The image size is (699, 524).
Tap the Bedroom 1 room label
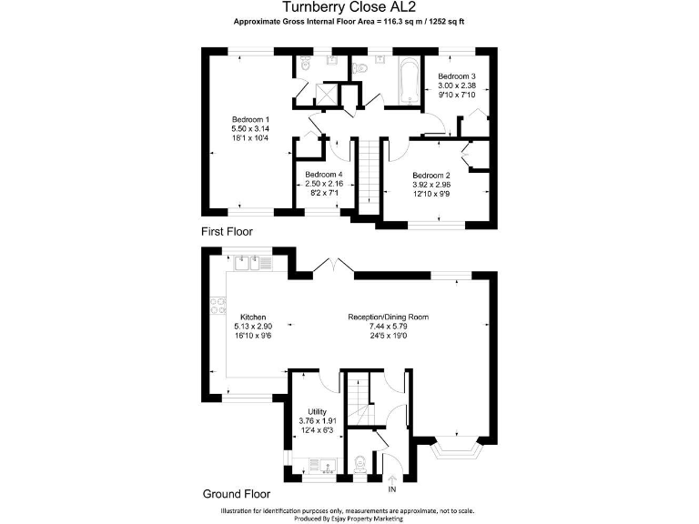pos(250,120)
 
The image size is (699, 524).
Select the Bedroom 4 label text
pos(323,174)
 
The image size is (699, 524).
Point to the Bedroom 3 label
pos(457,76)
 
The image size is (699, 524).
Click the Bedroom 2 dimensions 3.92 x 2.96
pos(431,185)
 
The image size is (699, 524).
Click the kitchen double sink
pos(254,264)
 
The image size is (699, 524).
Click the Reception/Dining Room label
pos(388,317)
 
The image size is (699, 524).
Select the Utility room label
pos(317,412)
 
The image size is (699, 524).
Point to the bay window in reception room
pos(456,448)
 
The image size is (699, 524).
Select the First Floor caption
pos(227,232)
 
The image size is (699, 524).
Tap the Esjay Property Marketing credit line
pos(349,518)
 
